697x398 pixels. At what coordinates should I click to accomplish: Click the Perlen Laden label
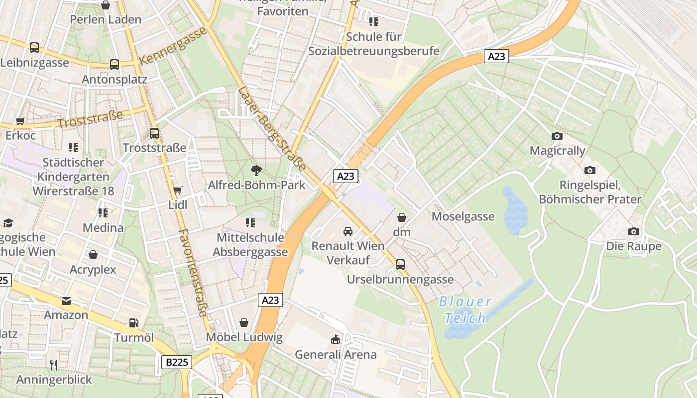click(x=106, y=19)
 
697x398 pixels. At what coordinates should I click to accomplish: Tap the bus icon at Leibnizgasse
click(x=34, y=48)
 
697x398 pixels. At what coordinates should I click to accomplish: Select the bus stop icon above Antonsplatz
click(x=115, y=64)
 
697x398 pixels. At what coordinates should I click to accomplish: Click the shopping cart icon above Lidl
click(x=177, y=190)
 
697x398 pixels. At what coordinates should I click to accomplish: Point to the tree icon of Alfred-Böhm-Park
click(x=256, y=171)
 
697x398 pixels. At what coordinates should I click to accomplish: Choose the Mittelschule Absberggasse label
click(x=250, y=245)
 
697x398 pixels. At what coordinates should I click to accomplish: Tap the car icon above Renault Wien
click(x=348, y=231)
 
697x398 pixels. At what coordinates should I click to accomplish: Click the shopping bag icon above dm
click(x=402, y=217)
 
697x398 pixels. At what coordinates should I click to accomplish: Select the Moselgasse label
click(x=463, y=216)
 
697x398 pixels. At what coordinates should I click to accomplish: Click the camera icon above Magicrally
click(x=557, y=136)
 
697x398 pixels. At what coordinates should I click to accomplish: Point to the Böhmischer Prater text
click(x=590, y=199)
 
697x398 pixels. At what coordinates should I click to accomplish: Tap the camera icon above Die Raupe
click(x=633, y=231)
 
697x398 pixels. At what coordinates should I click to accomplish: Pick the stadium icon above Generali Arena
click(x=336, y=340)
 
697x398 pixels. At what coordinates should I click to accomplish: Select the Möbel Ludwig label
click(x=244, y=337)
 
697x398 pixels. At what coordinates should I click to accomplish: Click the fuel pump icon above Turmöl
click(x=133, y=323)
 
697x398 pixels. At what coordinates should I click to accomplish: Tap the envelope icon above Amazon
click(x=66, y=300)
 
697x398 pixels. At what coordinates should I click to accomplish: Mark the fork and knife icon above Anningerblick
click(x=54, y=365)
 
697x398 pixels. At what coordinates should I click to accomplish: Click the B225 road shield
click(x=177, y=362)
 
